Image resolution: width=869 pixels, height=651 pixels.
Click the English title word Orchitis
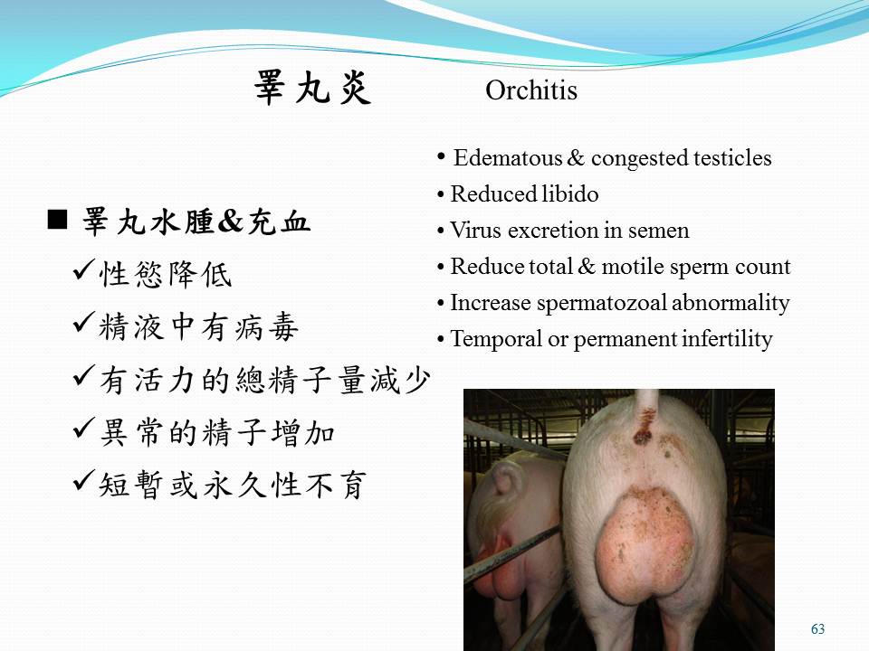(x=531, y=90)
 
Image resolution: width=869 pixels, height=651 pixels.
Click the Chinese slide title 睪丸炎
(x=312, y=88)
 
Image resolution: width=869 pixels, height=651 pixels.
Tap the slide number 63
(x=817, y=629)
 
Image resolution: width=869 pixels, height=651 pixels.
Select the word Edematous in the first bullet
(x=508, y=158)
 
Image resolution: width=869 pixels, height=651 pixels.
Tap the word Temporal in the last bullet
(x=496, y=339)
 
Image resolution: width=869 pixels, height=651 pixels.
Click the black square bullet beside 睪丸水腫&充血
(x=57, y=220)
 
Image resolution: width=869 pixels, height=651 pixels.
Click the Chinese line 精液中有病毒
(x=199, y=327)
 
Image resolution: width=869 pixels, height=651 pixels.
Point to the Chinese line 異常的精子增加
(x=217, y=433)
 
